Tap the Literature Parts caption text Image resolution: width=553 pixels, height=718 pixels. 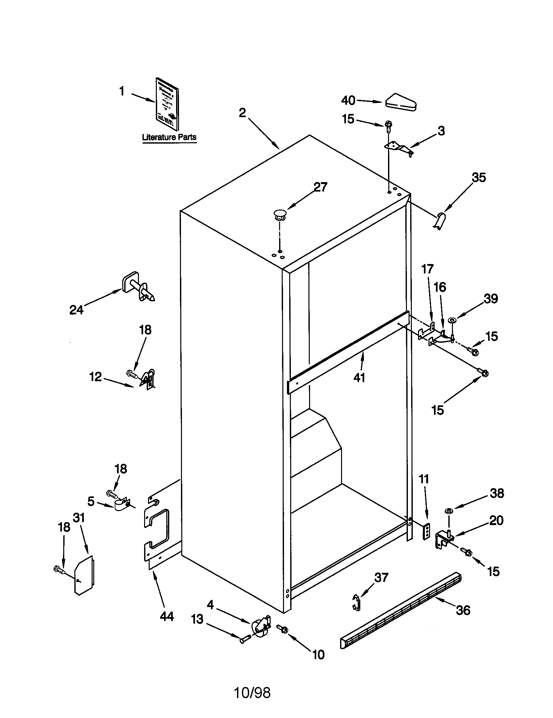pyautogui.click(x=169, y=137)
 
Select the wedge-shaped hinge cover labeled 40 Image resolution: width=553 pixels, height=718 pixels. pyautogui.click(x=401, y=102)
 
